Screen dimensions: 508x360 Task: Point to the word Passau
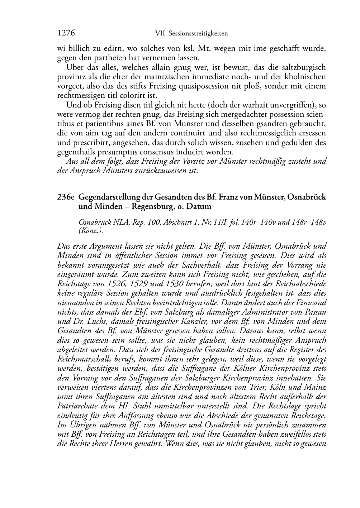click(x=314, y=312)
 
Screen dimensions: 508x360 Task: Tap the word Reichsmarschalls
click(x=83, y=359)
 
